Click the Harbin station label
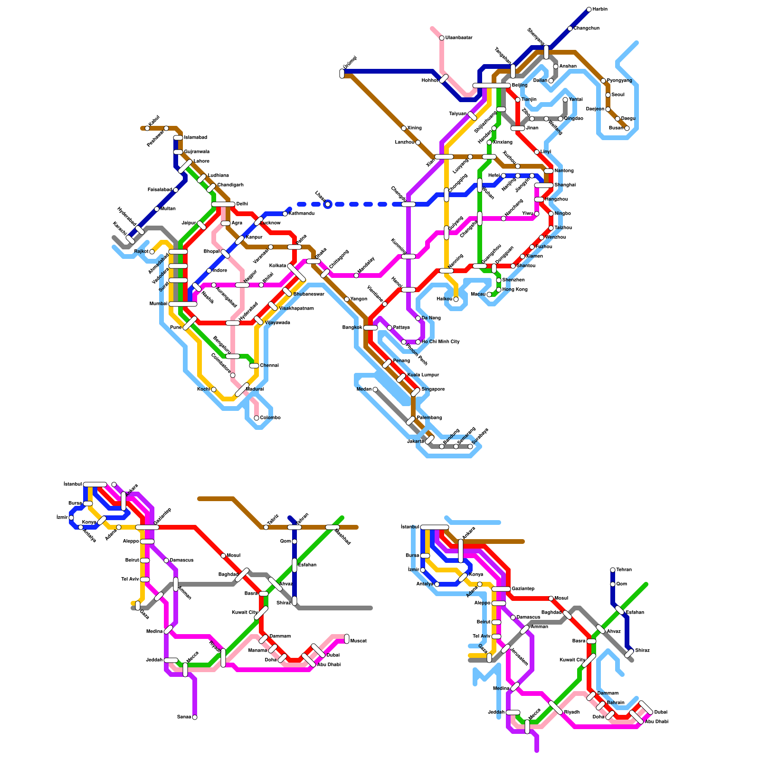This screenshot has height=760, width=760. tap(600, 9)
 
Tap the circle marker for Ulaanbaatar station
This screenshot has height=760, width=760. tap(442, 38)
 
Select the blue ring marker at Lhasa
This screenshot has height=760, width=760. tap(327, 204)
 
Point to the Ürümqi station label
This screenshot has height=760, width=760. tap(350, 63)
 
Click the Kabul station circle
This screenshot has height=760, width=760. tap(147, 128)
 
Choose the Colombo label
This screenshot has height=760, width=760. tap(270, 418)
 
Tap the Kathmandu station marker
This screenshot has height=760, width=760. tap(285, 214)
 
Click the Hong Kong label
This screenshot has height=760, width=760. tap(514, 290)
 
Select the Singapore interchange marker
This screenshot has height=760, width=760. tap(416, 392)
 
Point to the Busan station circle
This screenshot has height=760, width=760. tap(627, 128)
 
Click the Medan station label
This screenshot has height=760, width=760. tap(364, 389)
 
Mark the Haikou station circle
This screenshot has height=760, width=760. tap(456, 299)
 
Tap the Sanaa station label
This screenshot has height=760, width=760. tap(184, 717)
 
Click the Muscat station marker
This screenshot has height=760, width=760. tap(347, 639)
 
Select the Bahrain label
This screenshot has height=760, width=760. tap(616, 703)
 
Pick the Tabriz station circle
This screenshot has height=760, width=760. tap(266, 527)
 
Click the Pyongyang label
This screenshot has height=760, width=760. tap(619, 81)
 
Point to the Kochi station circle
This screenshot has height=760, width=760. tap(214, 389)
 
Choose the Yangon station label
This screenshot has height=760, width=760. tap(359, 299)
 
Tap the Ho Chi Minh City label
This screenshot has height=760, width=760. tap(440, 342)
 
